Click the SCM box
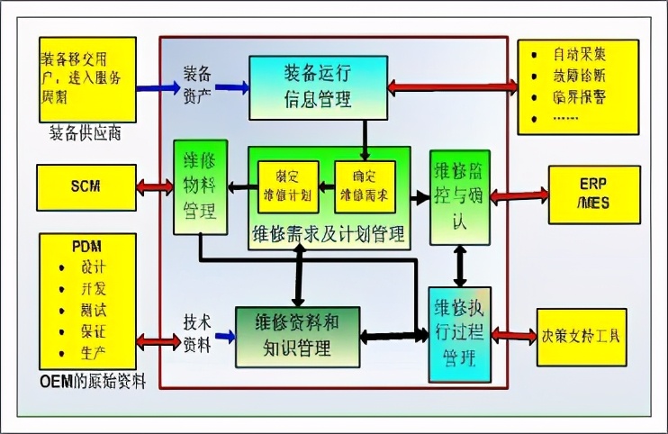86,187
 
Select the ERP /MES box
594,194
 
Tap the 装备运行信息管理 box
318,86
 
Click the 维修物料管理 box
199,187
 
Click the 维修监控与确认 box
461,196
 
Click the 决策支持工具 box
580,337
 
